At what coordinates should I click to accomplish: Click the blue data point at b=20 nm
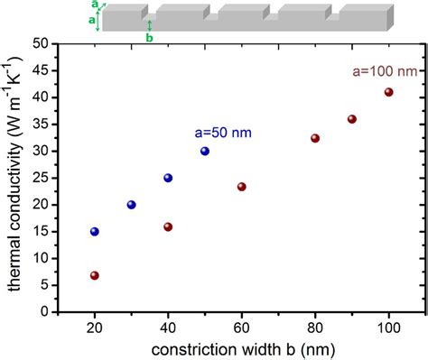pyautogui.click(x=95, y=232)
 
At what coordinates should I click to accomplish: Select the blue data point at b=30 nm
pyautogui.click(x=132, y=205)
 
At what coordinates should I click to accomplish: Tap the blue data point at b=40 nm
pyautogui.click(x=168, y=178)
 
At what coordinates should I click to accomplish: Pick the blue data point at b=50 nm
pyautogui.click(x=205, y=151)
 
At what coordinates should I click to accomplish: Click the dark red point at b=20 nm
pyautogui.click(x=95, y=275)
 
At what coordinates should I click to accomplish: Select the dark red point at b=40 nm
pyautogui.click(x=168, y=227)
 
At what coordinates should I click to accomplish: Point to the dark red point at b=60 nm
pyautogui.click(x=242, y=187)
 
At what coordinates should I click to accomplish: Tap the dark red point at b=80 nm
pyautogui.click(x=315, y=138)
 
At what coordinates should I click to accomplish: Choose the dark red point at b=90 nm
pyautogui.click(x=352, y=119)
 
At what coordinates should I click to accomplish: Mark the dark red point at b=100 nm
pyautogui.click(x=389, y=92)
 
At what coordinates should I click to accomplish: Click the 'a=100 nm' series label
pyautogui.click(x=382, y=69)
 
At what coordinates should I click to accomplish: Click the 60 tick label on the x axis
pyautogui.click(x=242, y=328)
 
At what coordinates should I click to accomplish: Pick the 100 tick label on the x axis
pyautogui.click(x=389, y=328)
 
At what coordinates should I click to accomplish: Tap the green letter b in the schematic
pyautogui.click(x=149, y=38)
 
